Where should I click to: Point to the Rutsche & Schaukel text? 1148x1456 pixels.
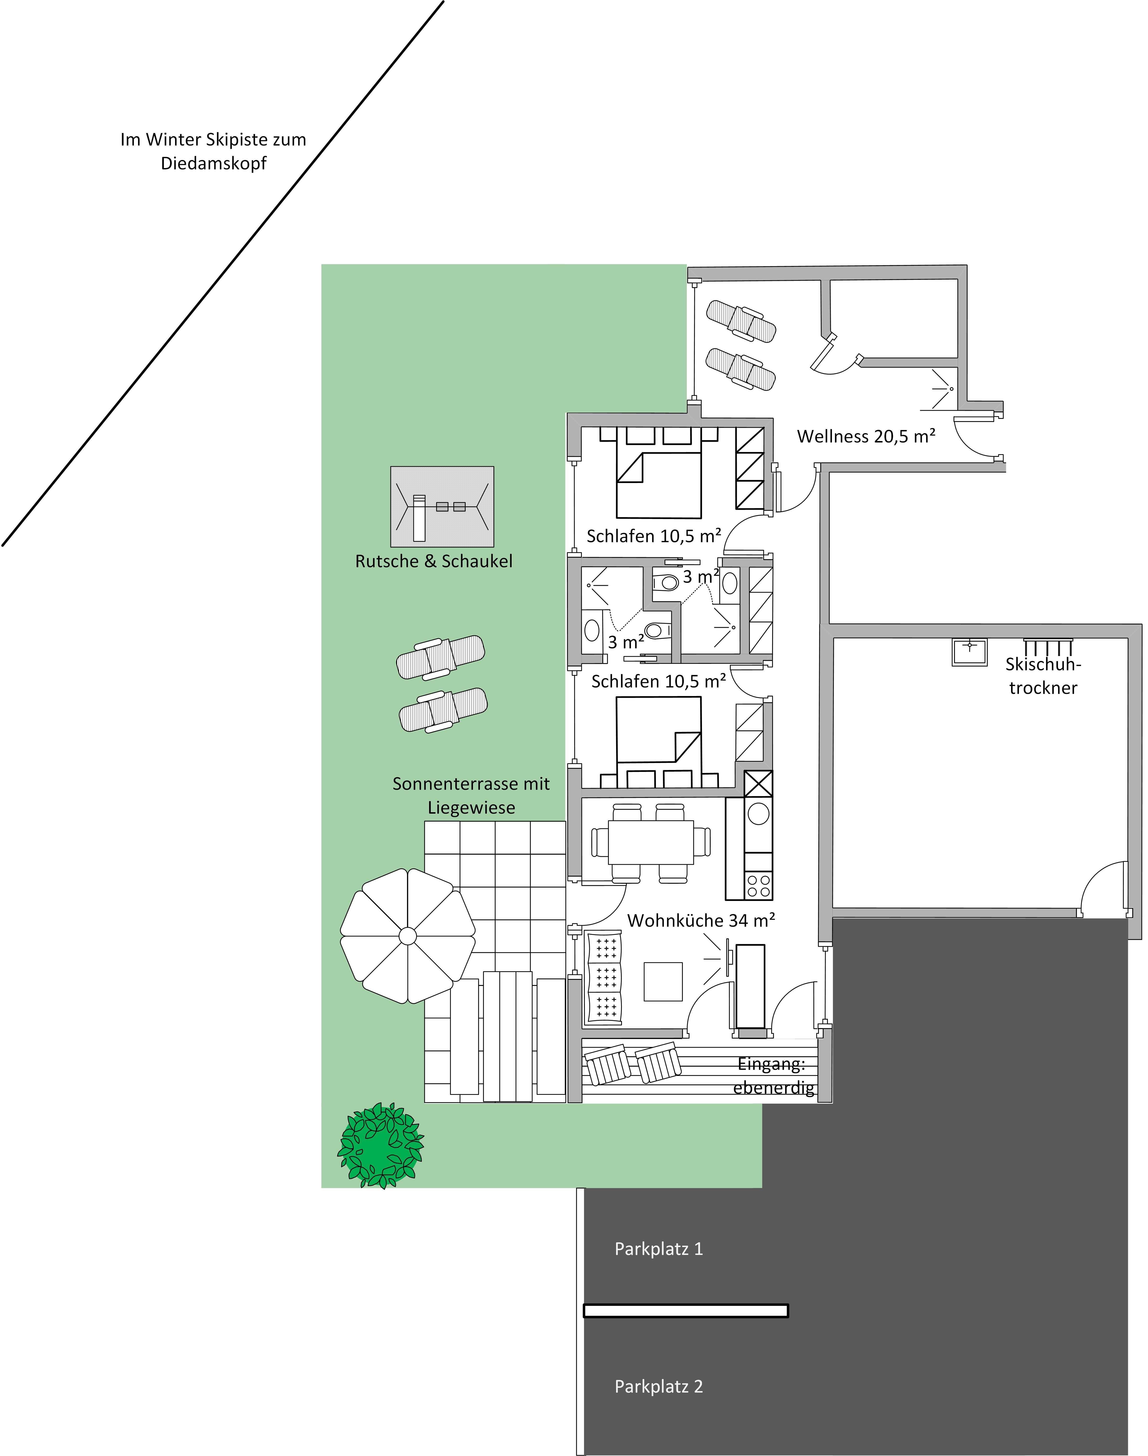434,561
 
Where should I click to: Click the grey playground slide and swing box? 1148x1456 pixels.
442,507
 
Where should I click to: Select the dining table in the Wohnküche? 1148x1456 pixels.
651,842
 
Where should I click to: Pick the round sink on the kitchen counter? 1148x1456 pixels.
758,813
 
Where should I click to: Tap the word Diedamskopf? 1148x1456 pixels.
214,163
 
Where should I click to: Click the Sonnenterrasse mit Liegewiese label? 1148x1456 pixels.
471,796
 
